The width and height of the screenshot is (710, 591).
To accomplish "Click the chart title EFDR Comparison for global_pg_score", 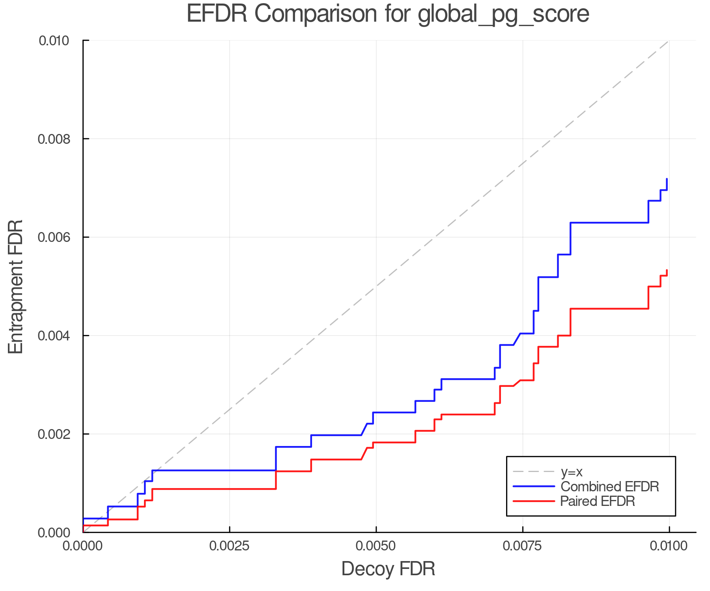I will point(388,14).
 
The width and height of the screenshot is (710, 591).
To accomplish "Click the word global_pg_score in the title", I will point(503,14).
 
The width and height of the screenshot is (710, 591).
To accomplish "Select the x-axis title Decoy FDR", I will point(388,569).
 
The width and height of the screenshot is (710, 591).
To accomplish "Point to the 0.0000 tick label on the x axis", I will point(83,546).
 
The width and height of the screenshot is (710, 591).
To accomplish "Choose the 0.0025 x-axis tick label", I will point(230,546).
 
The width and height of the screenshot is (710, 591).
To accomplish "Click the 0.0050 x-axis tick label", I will point(376,546).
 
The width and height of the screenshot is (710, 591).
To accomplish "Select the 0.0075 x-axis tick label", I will point(523,546).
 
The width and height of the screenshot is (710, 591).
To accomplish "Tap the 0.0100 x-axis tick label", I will point(669,546).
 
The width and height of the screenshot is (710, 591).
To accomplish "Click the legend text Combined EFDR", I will point(609,487).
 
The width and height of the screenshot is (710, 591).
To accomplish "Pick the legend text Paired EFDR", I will point(598,501).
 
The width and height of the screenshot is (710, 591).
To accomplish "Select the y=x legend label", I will point(572,472).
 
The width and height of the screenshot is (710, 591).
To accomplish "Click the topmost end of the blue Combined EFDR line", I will point(667,179).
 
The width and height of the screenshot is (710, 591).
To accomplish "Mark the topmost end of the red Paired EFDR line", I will point(667,270).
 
